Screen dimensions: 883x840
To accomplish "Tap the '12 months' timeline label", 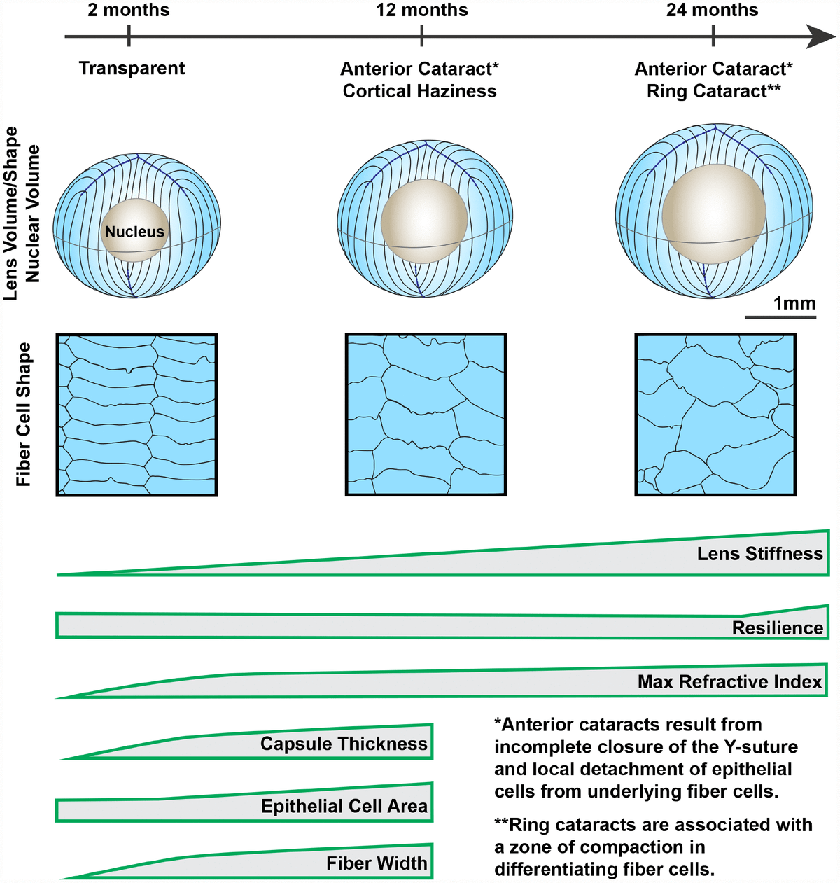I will click(421, 11).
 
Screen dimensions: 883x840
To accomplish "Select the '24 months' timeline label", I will click(712, 11).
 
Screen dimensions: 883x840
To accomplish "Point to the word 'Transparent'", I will click(132, 69).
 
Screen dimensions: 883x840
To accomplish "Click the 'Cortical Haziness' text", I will click(419, 91).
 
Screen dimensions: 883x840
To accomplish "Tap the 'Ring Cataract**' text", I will click(713, 91).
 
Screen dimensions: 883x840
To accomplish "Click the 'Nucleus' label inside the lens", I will click(134, 232).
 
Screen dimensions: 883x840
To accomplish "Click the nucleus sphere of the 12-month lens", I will click(424, 220).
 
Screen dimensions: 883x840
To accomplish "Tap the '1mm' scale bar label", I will click(794, 303).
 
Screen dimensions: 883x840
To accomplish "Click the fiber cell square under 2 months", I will click(136, 415).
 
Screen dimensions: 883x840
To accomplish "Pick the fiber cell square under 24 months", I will click(715, 415).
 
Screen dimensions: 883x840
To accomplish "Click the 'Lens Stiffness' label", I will click(759, 554).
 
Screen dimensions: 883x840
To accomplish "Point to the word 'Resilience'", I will click(777, 628).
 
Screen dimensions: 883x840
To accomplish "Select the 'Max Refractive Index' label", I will click(729, 682).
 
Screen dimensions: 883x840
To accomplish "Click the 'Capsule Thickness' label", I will click(344, 744).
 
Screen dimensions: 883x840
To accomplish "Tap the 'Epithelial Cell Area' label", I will click(344, 807).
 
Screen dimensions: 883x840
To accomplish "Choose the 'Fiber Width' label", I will click(377, 863).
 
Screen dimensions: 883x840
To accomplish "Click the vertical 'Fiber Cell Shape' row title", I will click(24, 415).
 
